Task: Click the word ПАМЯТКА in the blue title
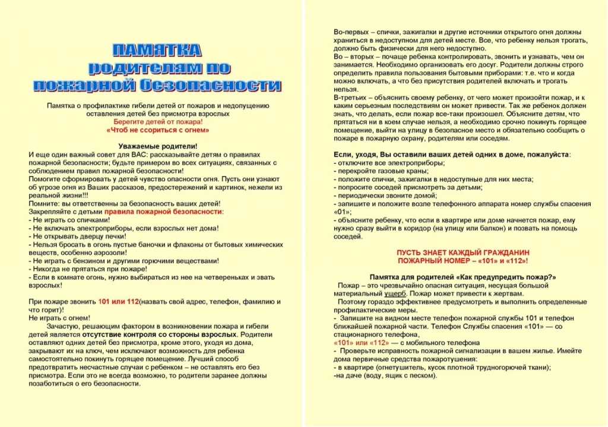tap(157, 49)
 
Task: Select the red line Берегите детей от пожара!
tap(158, 121)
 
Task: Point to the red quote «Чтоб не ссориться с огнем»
tap(158, 129)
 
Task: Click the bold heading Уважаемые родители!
tap(158, 146)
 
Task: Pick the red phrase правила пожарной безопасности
tap(163, 211)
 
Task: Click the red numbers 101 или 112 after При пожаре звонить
tap(118, 302)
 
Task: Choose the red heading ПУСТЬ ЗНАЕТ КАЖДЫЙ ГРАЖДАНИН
tap(463, 252)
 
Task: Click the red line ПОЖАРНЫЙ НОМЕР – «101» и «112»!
tap(463, 261)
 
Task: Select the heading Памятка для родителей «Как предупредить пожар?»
tap(463, 277)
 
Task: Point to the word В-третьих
tap(349, 97)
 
